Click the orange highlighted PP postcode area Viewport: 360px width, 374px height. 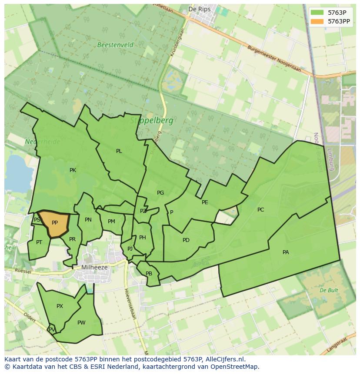(x=54, y=223)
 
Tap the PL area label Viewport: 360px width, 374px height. (x=119, y=151)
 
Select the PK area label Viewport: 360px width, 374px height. (x=73, y=170)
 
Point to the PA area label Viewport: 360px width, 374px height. (x=286, y=252)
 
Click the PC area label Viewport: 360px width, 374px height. (x=260, y=210)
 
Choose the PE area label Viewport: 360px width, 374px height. (x=205, y=202)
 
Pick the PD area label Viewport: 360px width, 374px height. (x=186, y=240)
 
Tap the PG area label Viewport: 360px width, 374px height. (x=160, y=192)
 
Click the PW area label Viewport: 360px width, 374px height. (x=81, y=322)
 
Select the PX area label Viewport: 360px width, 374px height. (x=60, y=306)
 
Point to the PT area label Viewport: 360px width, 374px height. (x=39, y=242)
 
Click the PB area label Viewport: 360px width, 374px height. (x=149, y=274)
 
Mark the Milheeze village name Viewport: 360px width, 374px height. (x=94, y=268)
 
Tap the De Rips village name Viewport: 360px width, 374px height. (x=199, y=9)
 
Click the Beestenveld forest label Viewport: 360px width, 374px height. (x=115, y=45)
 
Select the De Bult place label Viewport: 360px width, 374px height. (x=329, y=290)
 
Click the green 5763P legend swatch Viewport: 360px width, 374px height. (x=317, y=12)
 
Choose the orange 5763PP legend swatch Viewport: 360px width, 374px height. (x=317, y=21)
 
